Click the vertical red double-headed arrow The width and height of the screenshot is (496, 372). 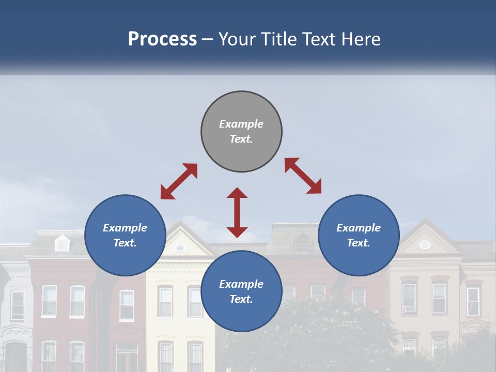[237, 212]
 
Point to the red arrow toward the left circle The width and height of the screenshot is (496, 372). [179, 181]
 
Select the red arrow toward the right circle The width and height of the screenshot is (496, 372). [303, 176]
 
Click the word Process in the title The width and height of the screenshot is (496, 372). [162, 39]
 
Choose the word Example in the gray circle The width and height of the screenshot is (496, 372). [241, 124]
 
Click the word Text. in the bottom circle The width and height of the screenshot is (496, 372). [241, 299]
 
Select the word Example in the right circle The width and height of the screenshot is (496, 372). [359, 228]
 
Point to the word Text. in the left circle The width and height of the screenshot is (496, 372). [125, 243]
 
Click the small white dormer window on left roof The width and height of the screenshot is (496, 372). [62, 243]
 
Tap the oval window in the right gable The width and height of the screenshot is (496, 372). [425, 245]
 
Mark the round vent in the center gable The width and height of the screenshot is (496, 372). [180, 249]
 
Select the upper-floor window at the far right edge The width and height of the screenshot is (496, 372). [473, 302]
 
